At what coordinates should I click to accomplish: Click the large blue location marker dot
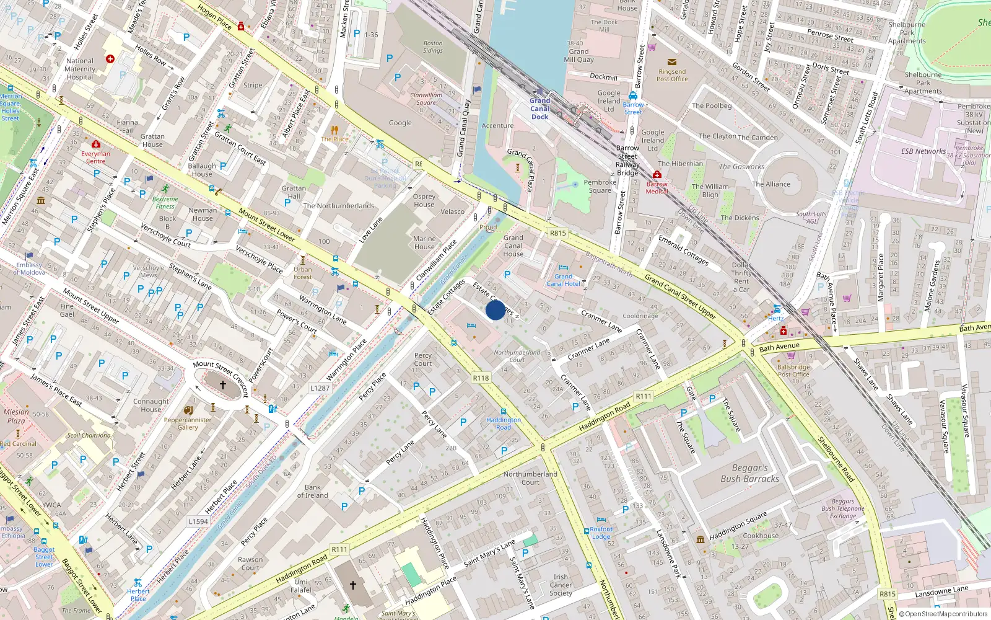pyautogui.click(x=495, y=310)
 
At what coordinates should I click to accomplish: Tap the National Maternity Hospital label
pyautogui.click(x=80, y=69)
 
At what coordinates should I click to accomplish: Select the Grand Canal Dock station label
pyautogui.click(x=539, y=108)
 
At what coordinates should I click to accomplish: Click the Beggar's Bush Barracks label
pyautogui.click(x=749, y=473)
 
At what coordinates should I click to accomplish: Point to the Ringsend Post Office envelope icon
pyautogui.click(x=672, y=62)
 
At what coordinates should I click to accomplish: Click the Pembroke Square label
pyautogui.click(x=600, y=186)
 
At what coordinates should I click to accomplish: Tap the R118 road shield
pyautogui.click(x=481, y=378)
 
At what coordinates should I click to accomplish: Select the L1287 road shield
pyautogui.click(x=320, y=388)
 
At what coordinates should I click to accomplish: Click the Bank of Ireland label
pyautogui.click(x=313, y=491)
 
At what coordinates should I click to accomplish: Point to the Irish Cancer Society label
pyautogui.click(x=561, y=585)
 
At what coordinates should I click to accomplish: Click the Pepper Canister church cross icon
pyautogui.click(x=223, y=385)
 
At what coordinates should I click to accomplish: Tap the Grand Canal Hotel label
pyautogui.click(x=563, y=280)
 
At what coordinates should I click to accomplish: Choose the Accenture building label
pyautogui.click(x=497, y=125)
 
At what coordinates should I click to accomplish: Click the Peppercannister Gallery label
pyautogui.click(x=188, y=423)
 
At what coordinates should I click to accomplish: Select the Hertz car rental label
pyautogui.click(x=775, y=318)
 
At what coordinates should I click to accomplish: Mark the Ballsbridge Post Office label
pyautogui.click(x=793, y=371)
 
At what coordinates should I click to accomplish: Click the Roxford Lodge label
pyautogui.click(x=601, y=533)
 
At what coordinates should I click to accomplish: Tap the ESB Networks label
pyautogui.click(x=923, y=151)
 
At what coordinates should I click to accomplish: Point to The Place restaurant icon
pyautogui.click(x=334, y=130)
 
